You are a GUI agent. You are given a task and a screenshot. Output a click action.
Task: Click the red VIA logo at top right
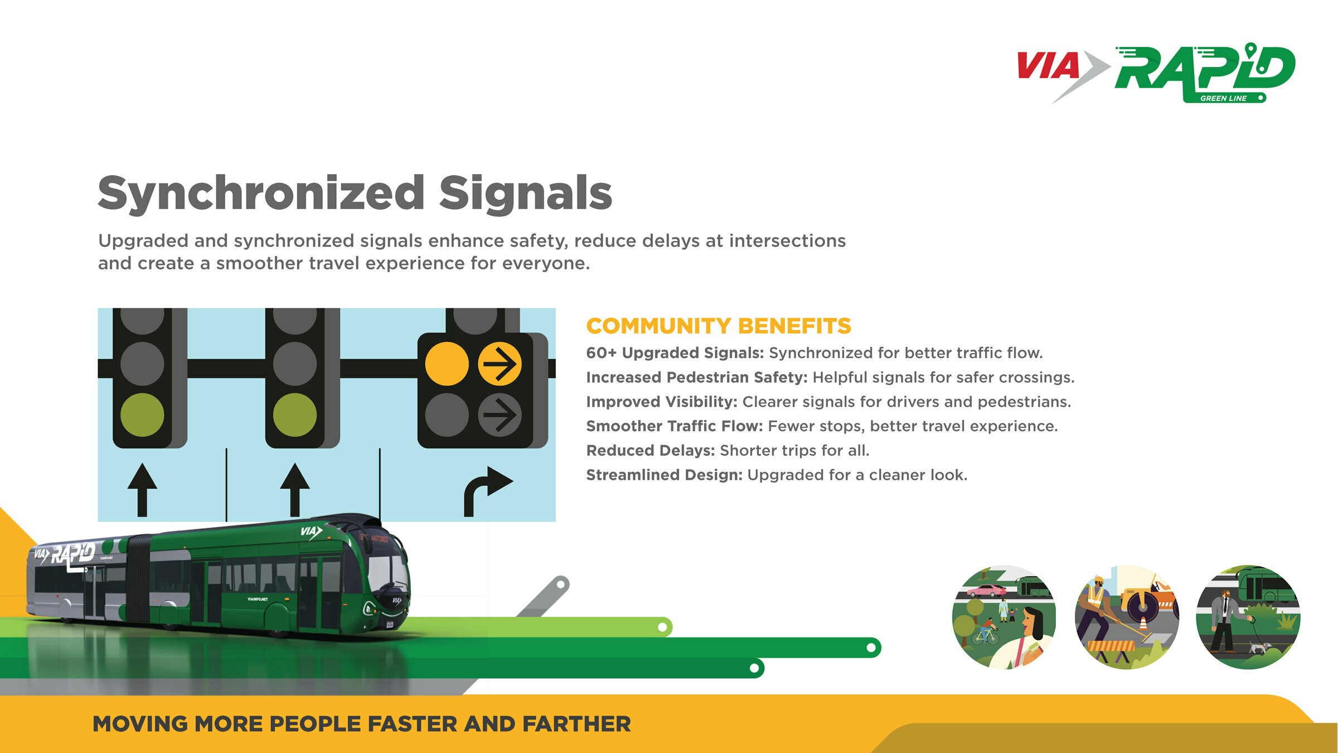(x=1048, y=66)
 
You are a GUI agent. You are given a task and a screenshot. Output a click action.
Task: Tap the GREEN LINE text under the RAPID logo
(x=1223, y=98)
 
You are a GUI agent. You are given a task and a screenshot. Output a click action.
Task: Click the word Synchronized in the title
(x=261, y=193)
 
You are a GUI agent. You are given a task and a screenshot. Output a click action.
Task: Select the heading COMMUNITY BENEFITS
(x=719, y=326)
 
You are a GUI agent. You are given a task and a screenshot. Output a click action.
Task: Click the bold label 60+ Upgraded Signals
(x=675, y=353)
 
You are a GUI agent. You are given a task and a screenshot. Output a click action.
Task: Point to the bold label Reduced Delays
(x=650, y=451)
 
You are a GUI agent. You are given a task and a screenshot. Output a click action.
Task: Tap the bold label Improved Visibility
(x=661, y=402)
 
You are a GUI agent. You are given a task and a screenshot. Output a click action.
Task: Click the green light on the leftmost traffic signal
(x=142, y=415)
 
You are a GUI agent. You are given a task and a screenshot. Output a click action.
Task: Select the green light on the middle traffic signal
(x=295, y=415)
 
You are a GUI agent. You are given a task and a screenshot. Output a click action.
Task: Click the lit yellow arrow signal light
(x=500, y=364)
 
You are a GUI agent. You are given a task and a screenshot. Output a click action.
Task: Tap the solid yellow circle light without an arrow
(x=447, y=364)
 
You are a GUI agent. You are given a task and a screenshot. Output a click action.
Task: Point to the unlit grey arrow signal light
(x=500, y=415)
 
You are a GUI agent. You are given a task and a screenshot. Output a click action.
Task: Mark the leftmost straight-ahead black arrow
(x=142, y=489)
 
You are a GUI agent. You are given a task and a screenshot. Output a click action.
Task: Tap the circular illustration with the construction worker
(x=1127, y=617)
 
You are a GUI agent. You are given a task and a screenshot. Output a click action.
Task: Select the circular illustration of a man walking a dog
(x=1248, y=617)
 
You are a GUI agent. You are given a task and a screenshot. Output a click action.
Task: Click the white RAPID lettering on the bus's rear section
(x=72, y=553)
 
